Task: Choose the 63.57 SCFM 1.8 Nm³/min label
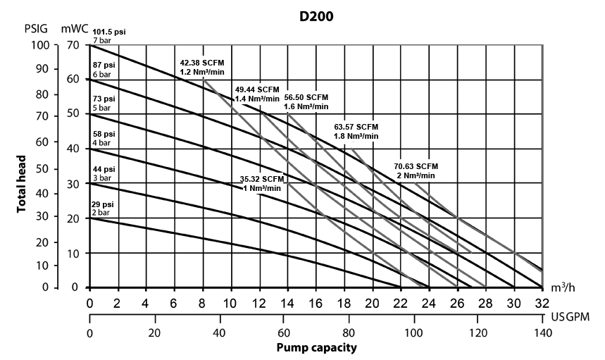click(x=356, y=131)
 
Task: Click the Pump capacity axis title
click(x=316, y=348)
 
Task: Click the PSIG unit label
click(x=26, y=30)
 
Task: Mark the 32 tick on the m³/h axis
click(x=542, y=302)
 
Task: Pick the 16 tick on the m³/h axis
click(x=316, y=302)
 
